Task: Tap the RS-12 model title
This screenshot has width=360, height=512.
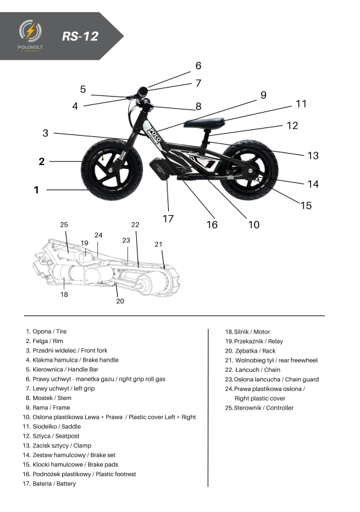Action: coord(80,36)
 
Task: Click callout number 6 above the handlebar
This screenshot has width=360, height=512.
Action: coord(198,66)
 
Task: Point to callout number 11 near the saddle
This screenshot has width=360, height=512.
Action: coord(301,104)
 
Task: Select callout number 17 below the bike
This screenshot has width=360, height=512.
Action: coord(168,218)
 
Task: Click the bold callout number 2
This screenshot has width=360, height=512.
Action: coord(42,161)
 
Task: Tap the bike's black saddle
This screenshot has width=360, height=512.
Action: coord(205,124)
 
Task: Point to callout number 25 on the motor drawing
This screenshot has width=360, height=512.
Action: coord(64,225)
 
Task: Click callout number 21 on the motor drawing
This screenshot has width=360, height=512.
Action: coord(159,244)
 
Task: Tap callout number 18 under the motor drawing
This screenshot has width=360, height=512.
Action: coord(64,294)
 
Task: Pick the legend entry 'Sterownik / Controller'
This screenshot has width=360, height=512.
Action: coord(258,408)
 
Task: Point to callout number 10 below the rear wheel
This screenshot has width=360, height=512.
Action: coord(254,225)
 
